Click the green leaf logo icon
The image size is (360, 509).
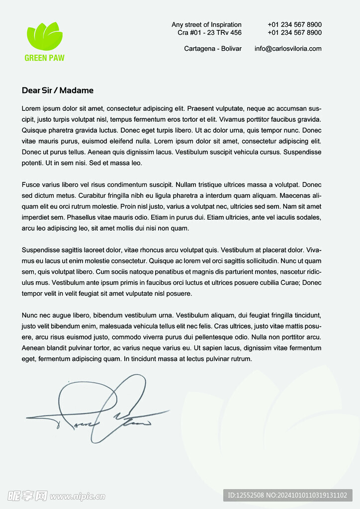tap(45, 36)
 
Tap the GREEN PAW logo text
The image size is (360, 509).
tap(45, 58)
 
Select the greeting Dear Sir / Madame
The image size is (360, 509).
tap(58, 90)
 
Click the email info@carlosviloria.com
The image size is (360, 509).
tap(288, 49)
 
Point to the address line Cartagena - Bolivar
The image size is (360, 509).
tap(213, 49)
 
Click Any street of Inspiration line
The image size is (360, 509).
tap(206, 25)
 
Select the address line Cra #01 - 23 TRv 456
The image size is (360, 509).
tap(209, 33)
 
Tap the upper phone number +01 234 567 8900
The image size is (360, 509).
tap(294, 25)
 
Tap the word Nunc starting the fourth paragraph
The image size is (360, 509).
tap(30, 316)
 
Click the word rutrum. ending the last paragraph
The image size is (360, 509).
tap(241, 359)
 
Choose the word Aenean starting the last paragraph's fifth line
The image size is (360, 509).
tap(33, 348)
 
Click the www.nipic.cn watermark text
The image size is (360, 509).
tap(78, 496)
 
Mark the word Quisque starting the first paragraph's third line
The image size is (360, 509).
tap(34, 130)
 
